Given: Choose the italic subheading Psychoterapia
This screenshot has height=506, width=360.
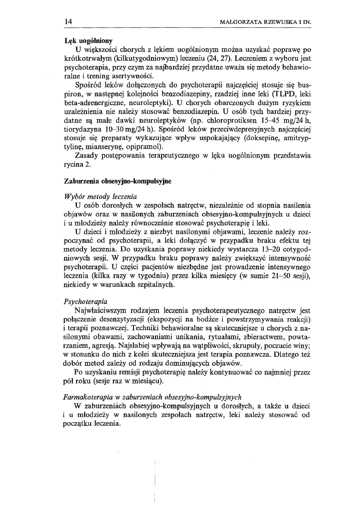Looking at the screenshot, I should (86, 302).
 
